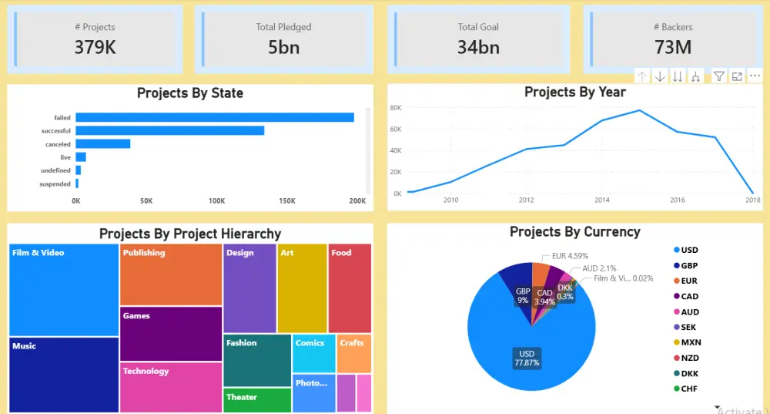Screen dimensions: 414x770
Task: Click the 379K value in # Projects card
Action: pos(95,47)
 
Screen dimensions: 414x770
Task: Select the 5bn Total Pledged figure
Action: pos(283,47)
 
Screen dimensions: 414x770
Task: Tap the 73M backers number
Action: pos(672,47)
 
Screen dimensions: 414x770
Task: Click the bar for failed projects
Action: pos(214,117)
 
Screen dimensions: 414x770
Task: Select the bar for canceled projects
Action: pos(102,143)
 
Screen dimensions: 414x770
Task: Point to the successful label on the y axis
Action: pos(56,131)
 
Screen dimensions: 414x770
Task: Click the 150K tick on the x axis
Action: pos(287,200)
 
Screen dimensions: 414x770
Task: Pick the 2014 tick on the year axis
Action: pos(601,200)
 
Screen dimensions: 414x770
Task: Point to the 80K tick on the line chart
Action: pos(396,108)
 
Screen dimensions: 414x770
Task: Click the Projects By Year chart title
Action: pos(574,92)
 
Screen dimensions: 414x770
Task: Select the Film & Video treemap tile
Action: pos(64,289)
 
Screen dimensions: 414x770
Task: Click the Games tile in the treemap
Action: pos(171,333)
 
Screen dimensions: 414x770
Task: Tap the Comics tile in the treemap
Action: pos(313,353)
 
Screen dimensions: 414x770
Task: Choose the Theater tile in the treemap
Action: pos(257,400)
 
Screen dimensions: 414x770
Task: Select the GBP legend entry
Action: pos(689,265)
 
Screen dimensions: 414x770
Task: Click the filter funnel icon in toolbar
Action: pos(718,76)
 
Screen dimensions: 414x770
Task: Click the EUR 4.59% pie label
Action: pos(570,256)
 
